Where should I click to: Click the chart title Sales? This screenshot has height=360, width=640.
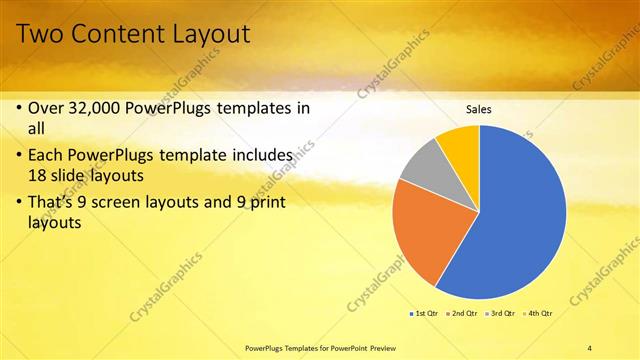[479, 109]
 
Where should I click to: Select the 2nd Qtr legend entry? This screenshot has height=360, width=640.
[463, 314]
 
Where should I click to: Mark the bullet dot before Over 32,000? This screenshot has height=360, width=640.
[20, 108]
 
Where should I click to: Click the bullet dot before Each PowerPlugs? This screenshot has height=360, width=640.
[20, 156]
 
